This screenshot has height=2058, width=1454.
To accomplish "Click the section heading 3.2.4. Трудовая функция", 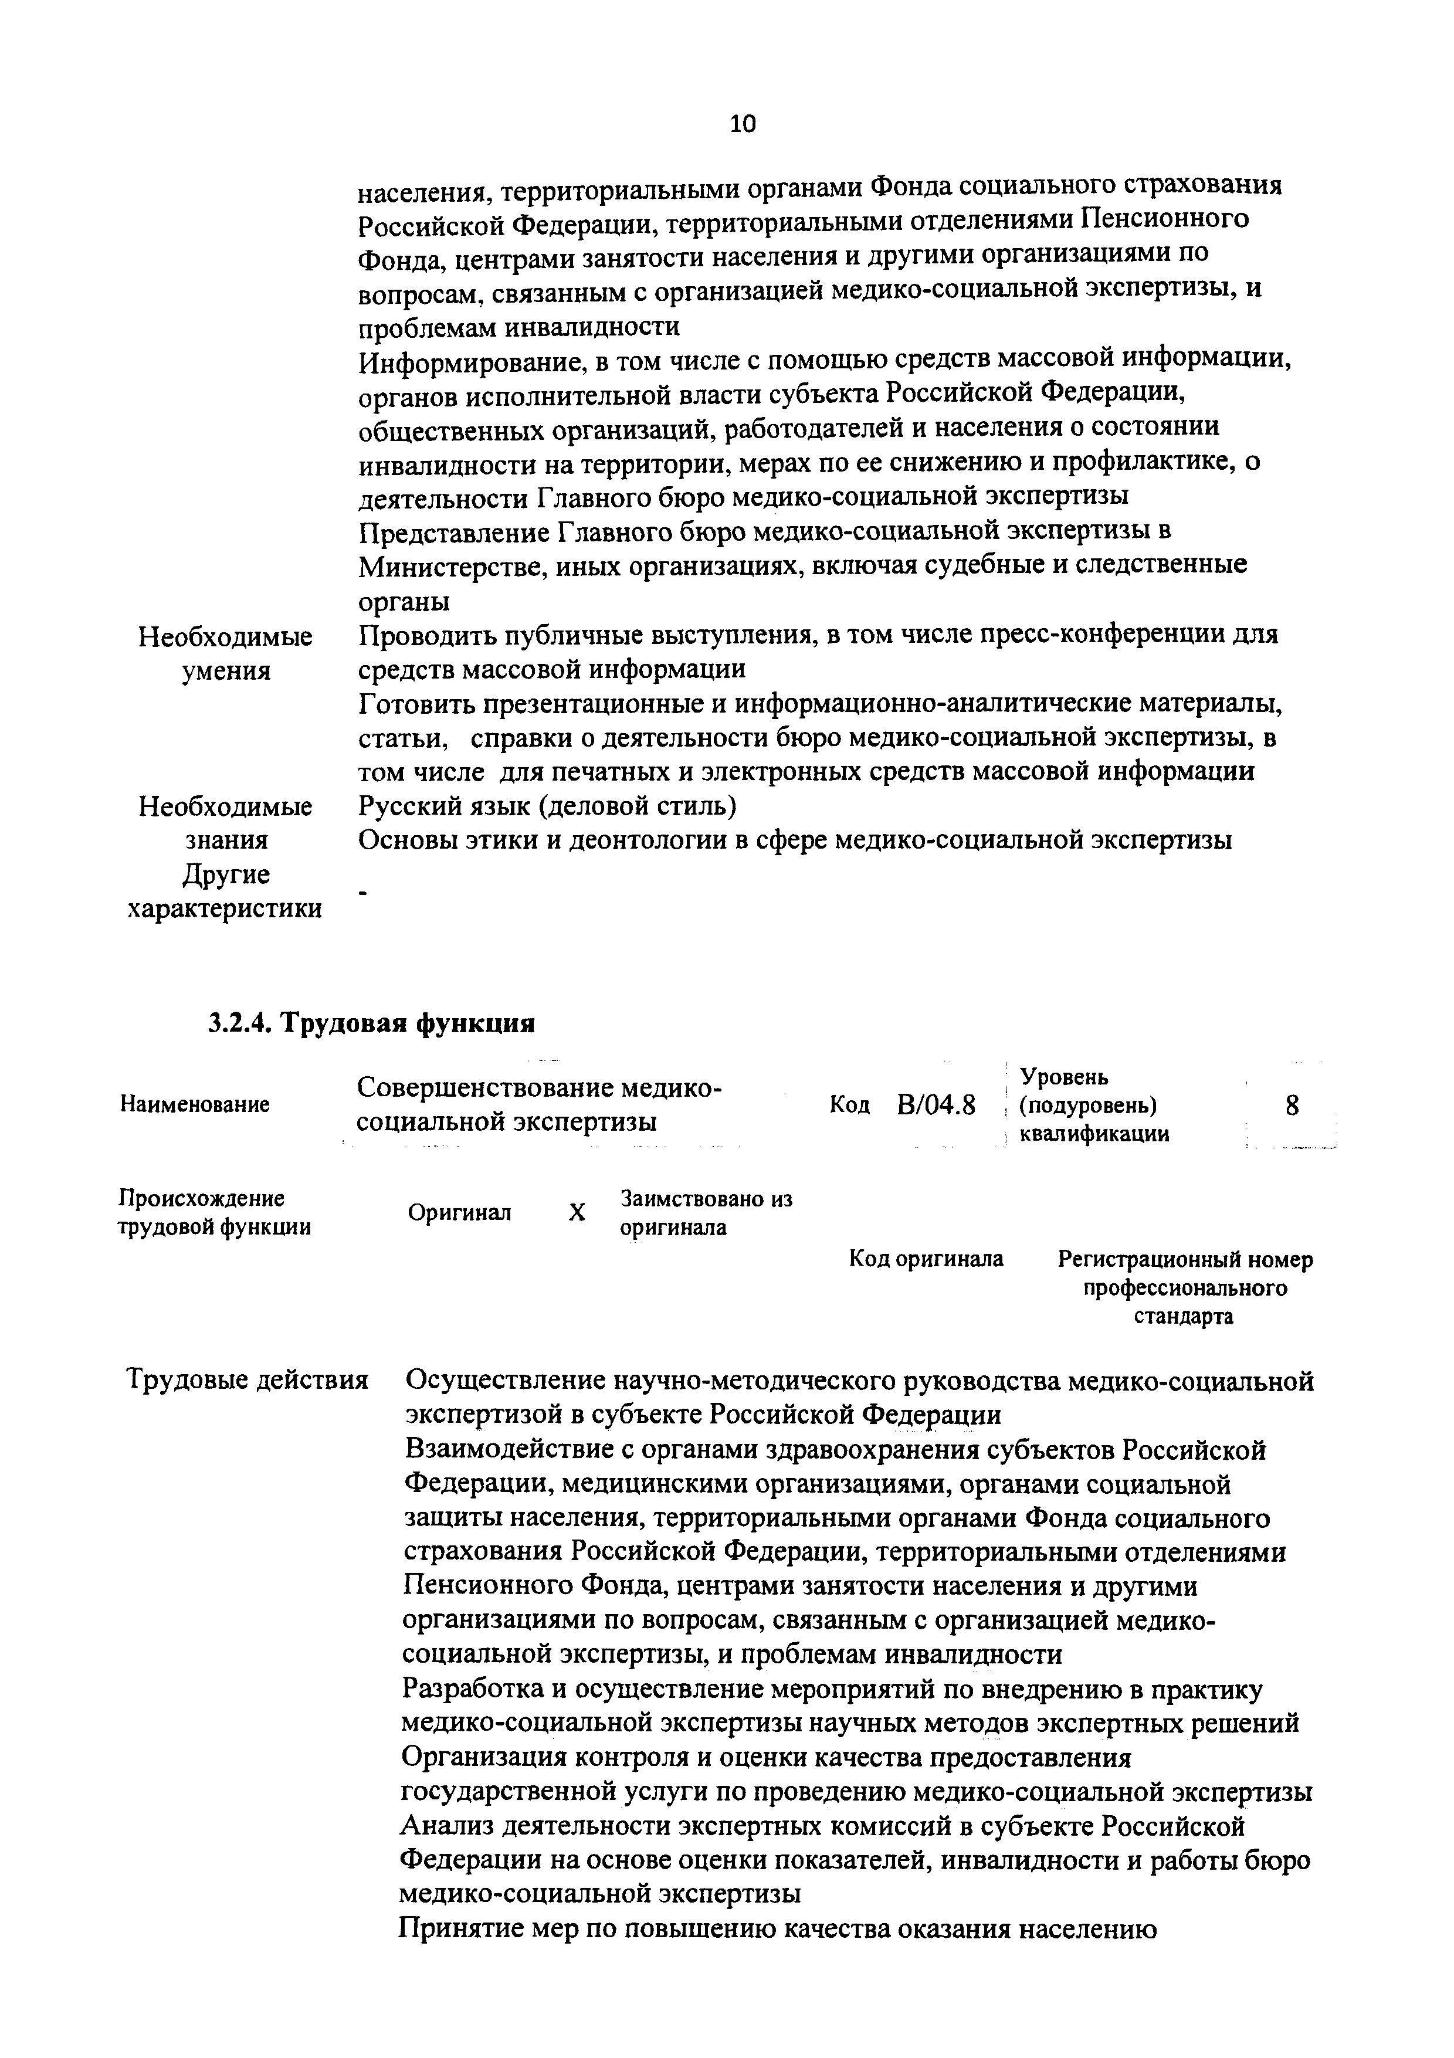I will (371, 1023).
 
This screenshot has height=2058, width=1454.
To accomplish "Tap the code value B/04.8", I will (936, 1105).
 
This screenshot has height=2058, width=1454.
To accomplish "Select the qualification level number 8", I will (1292, 1105).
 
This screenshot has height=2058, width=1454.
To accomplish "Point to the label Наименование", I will (195, 1105).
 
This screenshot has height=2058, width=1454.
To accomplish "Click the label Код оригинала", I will (926, 1259).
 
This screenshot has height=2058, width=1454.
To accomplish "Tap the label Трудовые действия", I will (248, 1379).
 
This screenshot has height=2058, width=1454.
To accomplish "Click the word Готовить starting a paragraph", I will (417, 704).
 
